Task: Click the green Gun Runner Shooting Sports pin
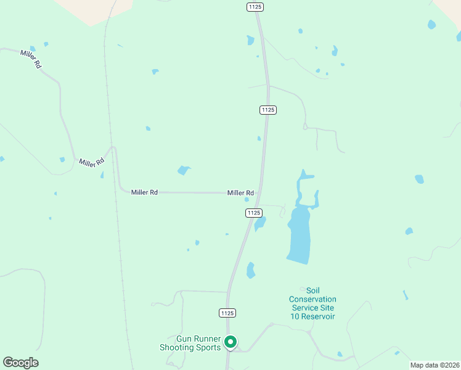(230, 342)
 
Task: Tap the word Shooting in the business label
(177, 348)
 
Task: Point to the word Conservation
(312, 300)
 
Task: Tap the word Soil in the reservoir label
(313, 290)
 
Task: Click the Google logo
(20, 363)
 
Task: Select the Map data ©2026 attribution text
(434, 365)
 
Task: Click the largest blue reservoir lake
(300, 234)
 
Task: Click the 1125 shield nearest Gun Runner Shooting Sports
(227, 313)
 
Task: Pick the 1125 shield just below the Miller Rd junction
(254, 213)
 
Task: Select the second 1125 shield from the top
(267, 110)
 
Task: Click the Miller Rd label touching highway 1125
(240, 193)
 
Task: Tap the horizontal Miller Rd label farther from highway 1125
(145, 192)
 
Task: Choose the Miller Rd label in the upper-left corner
(30, 59)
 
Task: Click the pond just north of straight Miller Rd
(183, 170)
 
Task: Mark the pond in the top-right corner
(431, 25)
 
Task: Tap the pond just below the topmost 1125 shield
(250, 41)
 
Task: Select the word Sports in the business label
(210, 348)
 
